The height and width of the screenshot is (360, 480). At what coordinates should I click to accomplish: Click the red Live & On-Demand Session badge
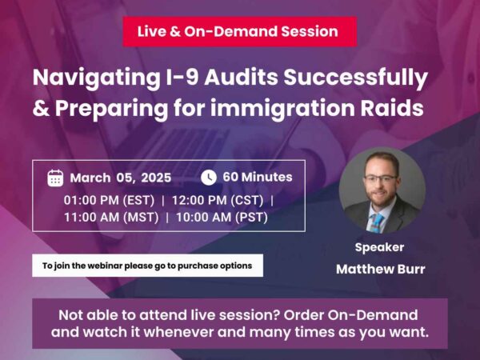[x=239, y=32]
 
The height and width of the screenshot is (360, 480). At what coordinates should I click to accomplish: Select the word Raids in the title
[x=395, y=108]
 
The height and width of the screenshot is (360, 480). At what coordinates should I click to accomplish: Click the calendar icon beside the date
[x=55, y=178]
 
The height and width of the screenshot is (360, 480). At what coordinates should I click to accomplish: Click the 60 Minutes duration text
[x=258, y=177]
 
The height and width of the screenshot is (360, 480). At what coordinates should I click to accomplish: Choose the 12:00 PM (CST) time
[x=223, y=198]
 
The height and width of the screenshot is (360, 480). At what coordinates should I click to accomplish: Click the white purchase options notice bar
[x=147, y=266]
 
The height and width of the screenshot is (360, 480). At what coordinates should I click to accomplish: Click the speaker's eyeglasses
[x=381, y=177]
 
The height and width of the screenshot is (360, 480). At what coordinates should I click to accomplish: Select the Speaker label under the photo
[x=379, y=247]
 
